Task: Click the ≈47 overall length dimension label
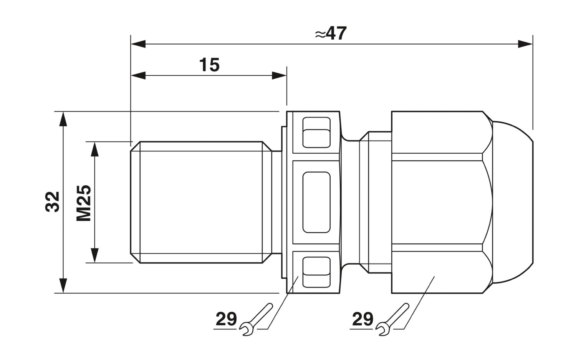[x=331, y=34]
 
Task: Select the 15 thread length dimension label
[x=209, y=65]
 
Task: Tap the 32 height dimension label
[x=53, y=202]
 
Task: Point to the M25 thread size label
[x=83, y=202]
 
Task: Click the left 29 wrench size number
[x=226, y=319]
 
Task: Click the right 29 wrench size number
[x=362, y=319]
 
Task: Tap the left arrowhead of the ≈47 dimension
[x=138, y=44]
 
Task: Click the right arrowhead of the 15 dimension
[x=279, y=75]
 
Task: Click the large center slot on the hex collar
[x=316, y=202]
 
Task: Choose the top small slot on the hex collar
[x=316, y=132]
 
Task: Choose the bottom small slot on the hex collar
[x=316, y=272]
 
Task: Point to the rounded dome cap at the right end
[x=513, y=202]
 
